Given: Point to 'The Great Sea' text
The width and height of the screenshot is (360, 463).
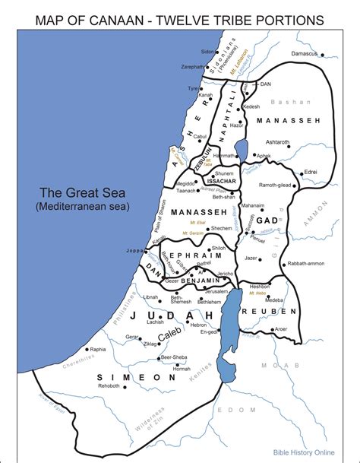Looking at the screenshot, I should click(x=84, y=192).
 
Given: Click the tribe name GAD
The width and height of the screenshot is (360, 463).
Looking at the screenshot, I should click(x=267, y=220).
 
